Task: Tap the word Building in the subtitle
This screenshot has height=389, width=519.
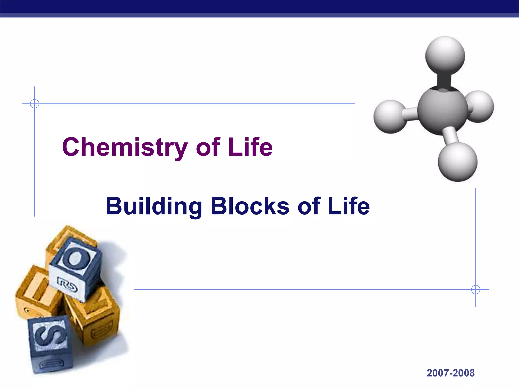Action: click(154, 206)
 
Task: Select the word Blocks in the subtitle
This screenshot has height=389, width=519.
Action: click(250, 206)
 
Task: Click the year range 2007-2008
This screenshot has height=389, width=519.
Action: click(450, 373)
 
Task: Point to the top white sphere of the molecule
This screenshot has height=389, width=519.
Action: click(445, 55)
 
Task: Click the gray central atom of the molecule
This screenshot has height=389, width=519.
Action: click(442, 111)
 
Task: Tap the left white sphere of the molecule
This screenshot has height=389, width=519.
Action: click(390, 117)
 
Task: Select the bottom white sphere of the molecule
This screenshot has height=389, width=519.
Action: click(458, 162)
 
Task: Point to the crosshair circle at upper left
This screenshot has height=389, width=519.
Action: click(34, 104)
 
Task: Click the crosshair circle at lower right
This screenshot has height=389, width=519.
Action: click(476, 289)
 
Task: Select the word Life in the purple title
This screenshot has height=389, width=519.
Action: click(250, 147)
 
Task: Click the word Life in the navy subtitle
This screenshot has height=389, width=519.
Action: click(349, 206)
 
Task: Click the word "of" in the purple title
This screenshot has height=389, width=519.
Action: click(208, 147)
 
